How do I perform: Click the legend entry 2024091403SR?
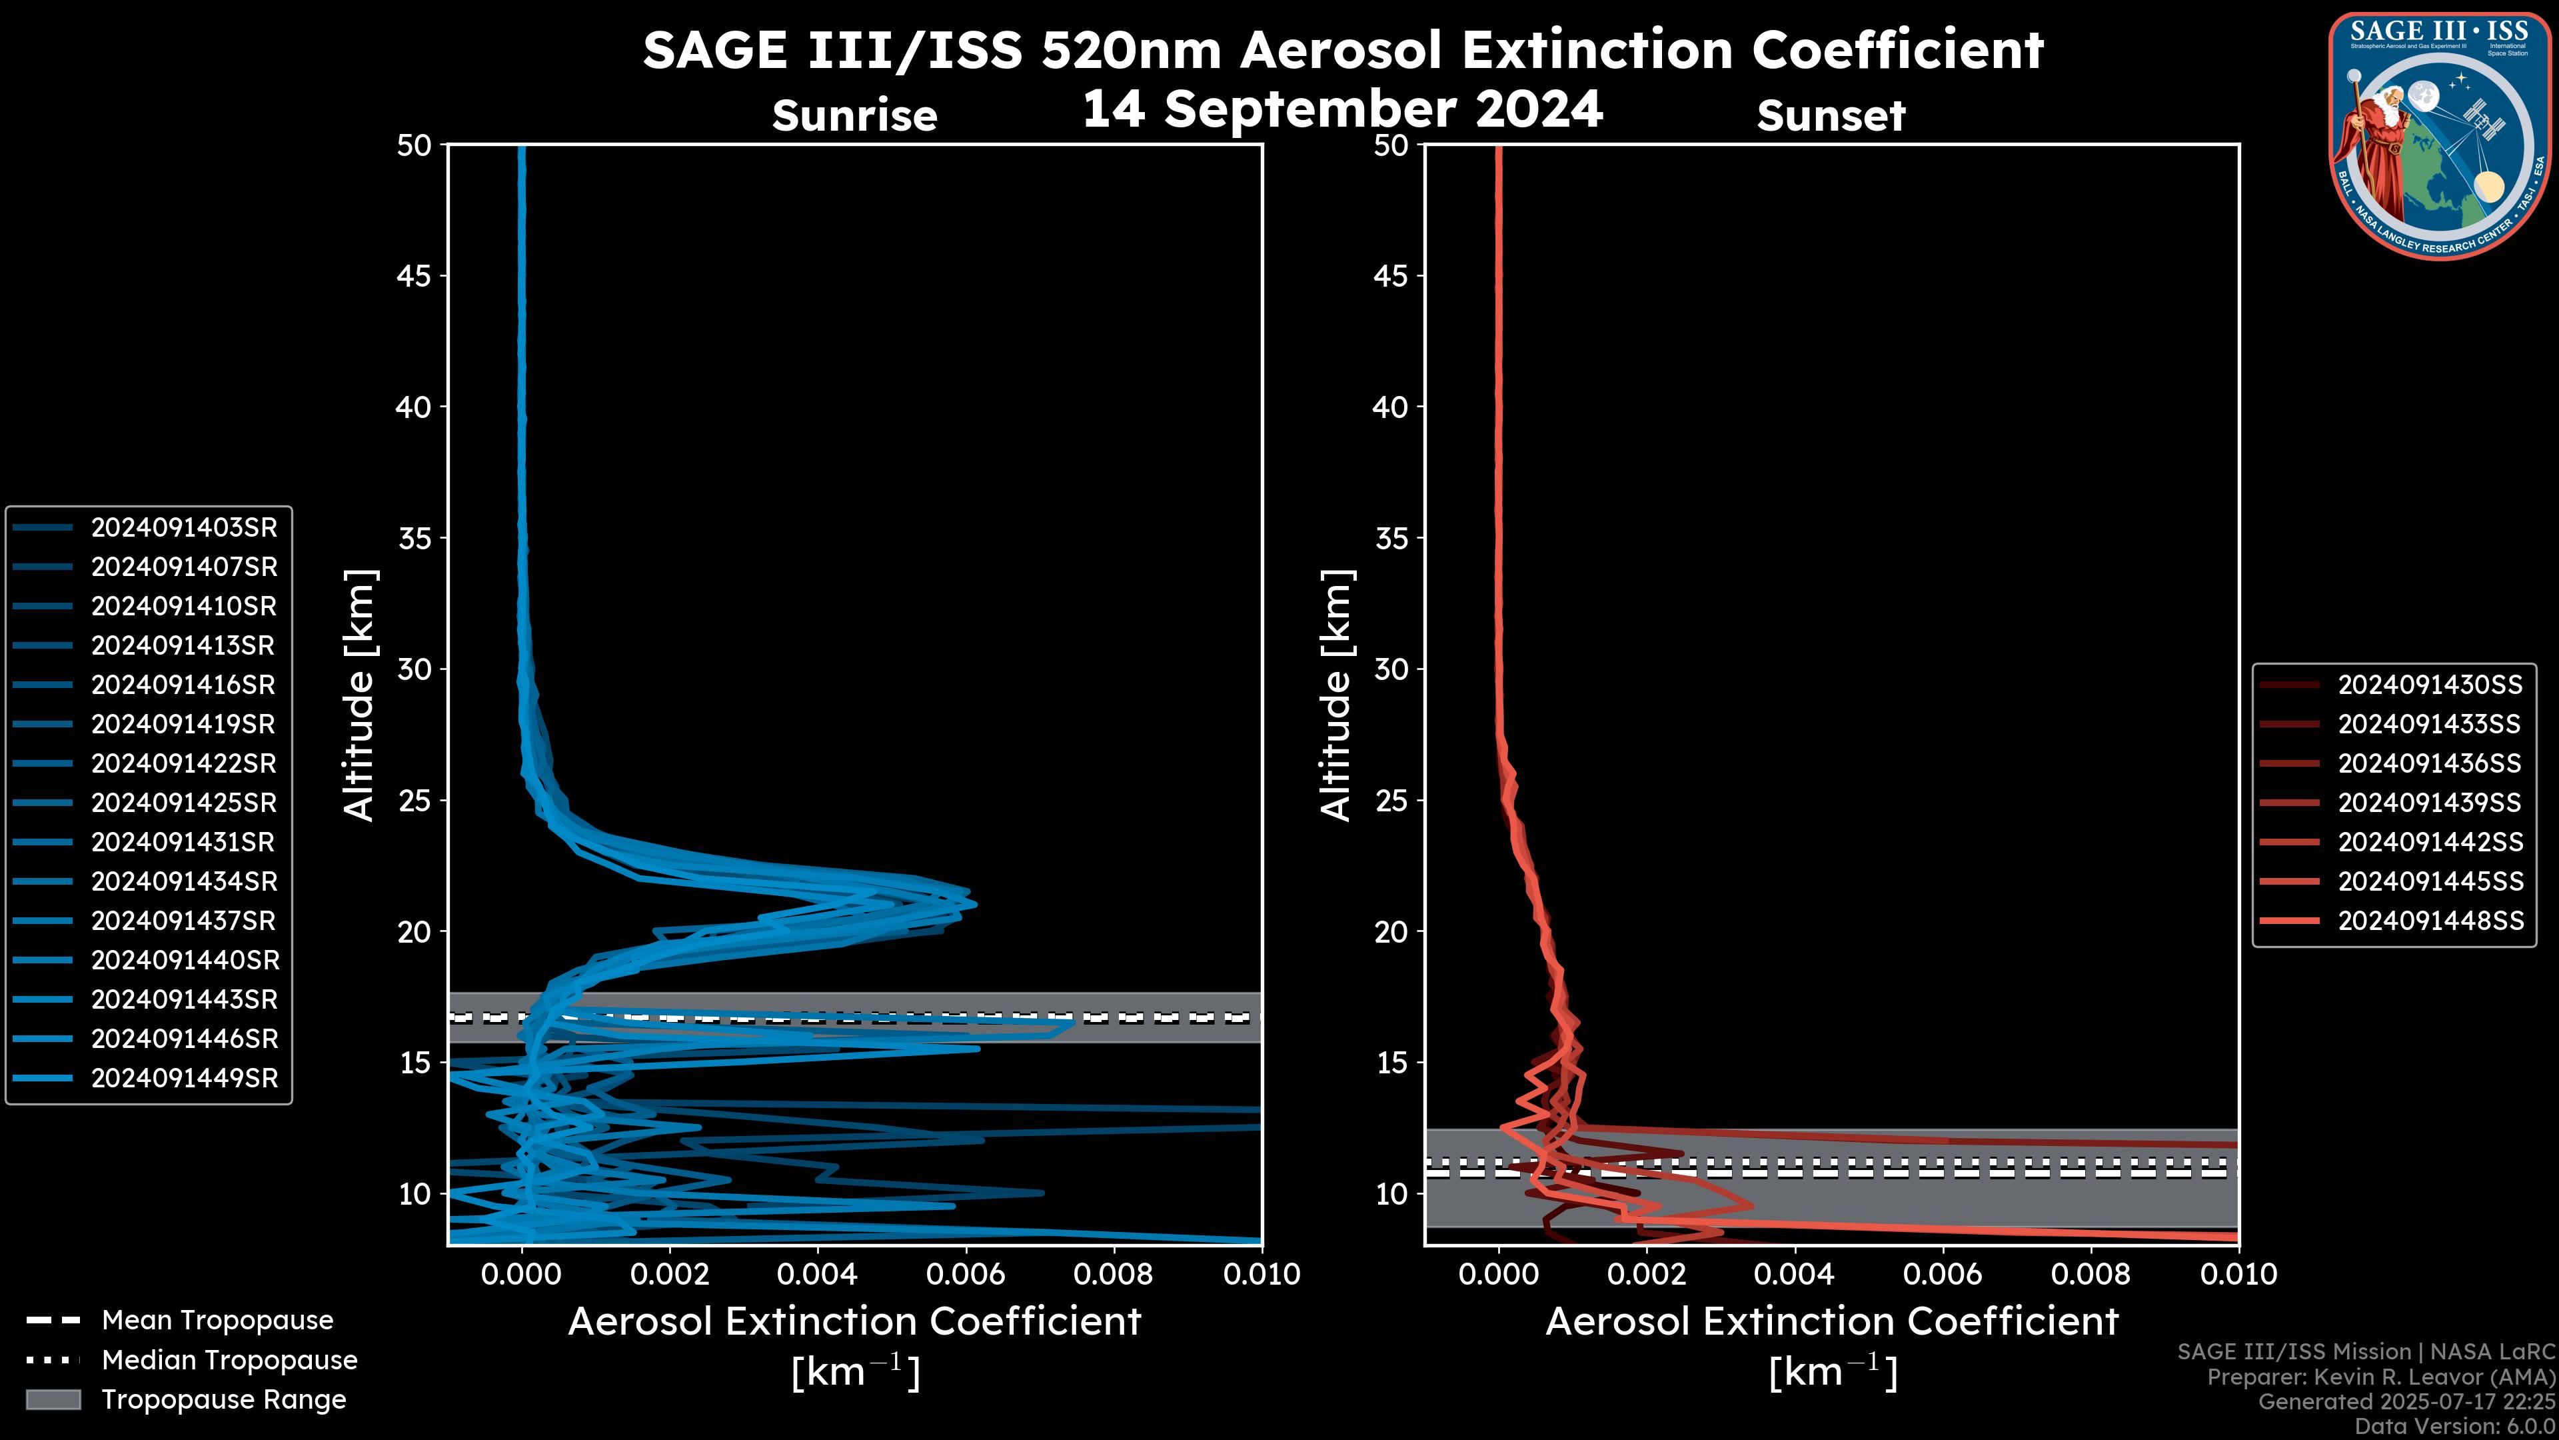[184, 528]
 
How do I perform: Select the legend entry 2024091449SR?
[184, 1078]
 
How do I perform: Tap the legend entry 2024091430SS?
[2429, 685]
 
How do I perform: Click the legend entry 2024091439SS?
[2429, 803]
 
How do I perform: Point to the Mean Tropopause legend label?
[217, 1321]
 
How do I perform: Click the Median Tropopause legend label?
[229, 1361]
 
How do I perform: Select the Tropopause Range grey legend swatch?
[53, 1400]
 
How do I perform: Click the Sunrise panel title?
[854, 116]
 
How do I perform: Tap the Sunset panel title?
[1831, 116]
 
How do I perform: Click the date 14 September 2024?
[1342, 109]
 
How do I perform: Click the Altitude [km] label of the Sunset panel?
[1336, 695]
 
